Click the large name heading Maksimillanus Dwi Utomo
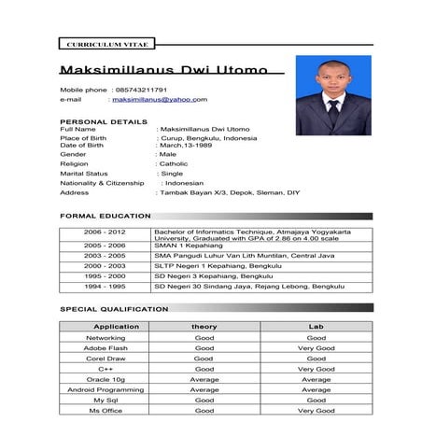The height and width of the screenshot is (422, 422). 163,71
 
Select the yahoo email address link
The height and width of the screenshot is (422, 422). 160,99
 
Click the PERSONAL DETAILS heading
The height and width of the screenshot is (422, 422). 104,121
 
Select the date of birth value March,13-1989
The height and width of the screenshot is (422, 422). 193,145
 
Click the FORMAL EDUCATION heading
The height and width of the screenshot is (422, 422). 105,216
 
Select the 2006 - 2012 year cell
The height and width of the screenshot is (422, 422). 104,230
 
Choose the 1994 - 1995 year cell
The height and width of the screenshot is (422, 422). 104,286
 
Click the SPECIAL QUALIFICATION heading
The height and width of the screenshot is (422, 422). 114,308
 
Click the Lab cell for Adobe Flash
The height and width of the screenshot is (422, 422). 316,347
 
